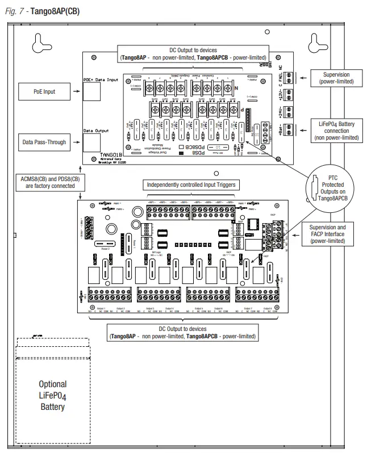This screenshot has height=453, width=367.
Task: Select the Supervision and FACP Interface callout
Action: coord(332,234)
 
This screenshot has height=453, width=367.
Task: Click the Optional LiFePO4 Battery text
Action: coord(52,395)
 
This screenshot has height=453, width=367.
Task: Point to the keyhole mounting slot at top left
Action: coord(39,43)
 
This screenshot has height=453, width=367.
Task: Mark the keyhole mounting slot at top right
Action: coord(316,43)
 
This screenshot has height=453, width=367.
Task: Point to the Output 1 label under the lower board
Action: coord(101,308)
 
